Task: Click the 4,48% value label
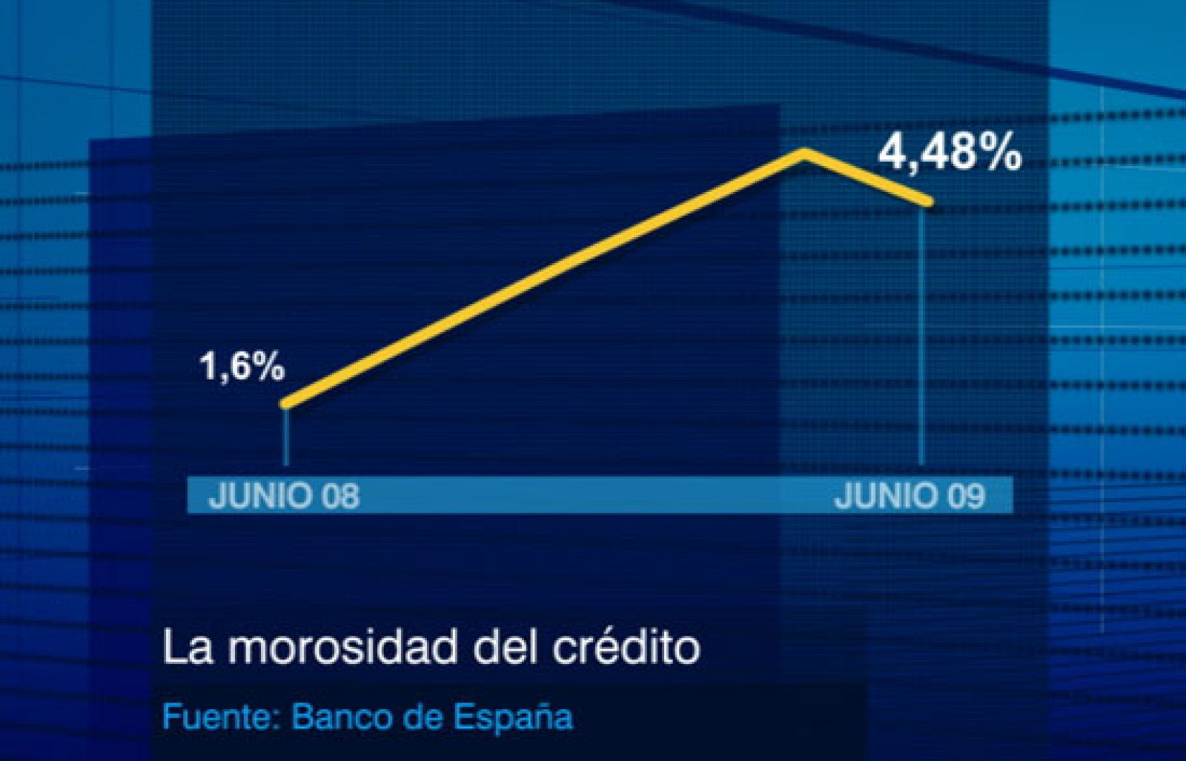950,153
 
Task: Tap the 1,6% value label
242,366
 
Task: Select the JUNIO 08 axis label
284,496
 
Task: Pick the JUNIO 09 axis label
910,496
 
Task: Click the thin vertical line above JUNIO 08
286,437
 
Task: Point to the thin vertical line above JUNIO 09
921,333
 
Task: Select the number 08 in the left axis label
340,496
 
